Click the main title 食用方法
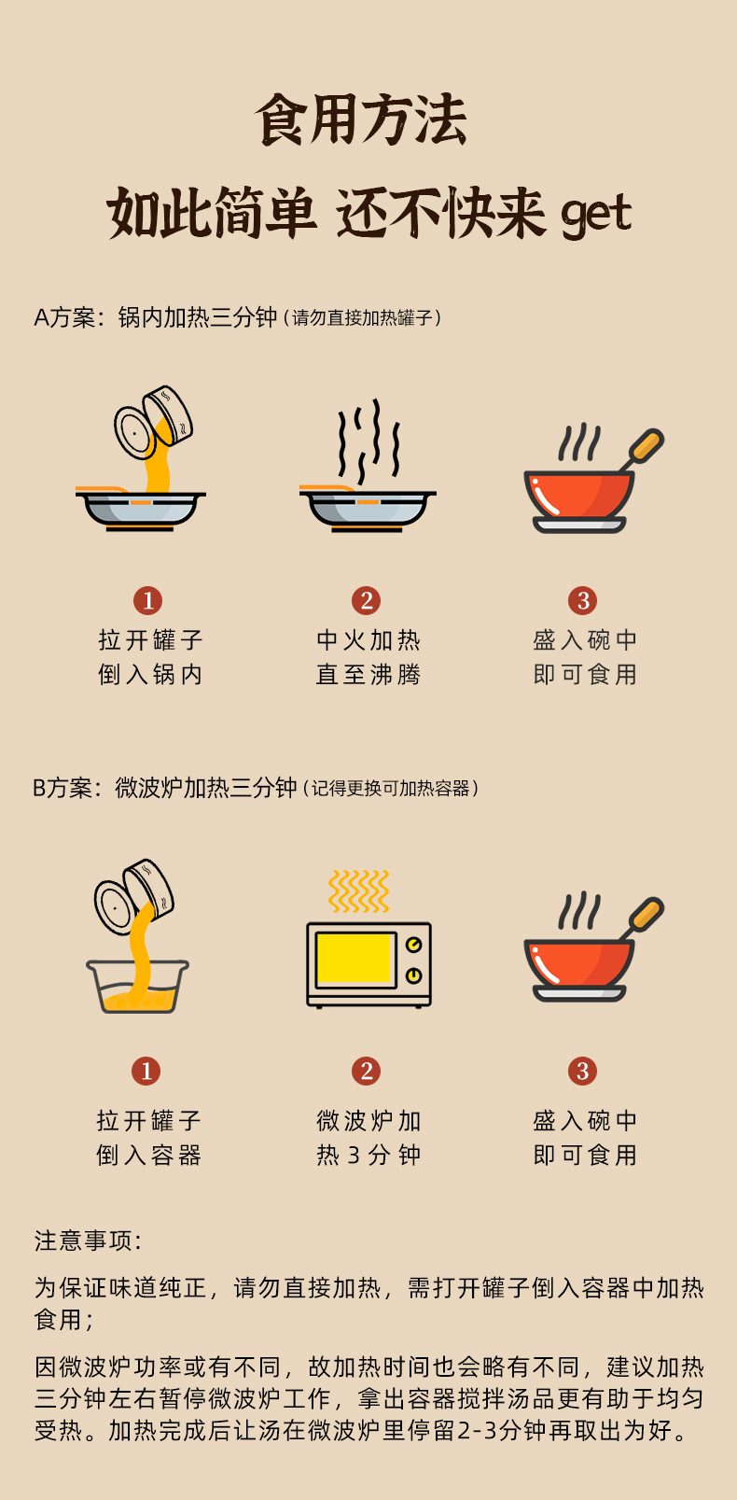point(361,119)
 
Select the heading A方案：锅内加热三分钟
point(155,317)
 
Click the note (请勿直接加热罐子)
point(362,318)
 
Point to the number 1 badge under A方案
point(148,601)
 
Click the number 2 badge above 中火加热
point(366,601)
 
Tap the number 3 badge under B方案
point(582,1071)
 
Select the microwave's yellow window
point(354,959)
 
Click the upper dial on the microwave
point(413,945)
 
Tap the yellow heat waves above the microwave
point(359,890)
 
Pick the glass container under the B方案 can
point(138,987)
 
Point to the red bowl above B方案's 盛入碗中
point(579,969)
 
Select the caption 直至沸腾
point(368,674)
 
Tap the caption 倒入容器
point(148,1156)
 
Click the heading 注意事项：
point(88,1241)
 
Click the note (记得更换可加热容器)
point(391,788)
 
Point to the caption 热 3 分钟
point(368,1156)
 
